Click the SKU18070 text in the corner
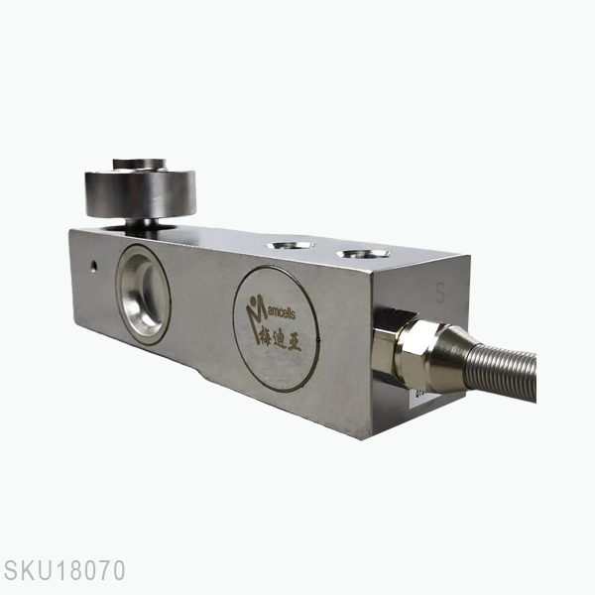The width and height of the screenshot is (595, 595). (63, 571)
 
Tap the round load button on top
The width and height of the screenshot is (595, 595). (140, 188)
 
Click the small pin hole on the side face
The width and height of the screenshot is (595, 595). (92, 266)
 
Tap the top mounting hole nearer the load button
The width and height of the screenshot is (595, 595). (290, 244)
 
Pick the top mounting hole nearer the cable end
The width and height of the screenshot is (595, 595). (362, 255)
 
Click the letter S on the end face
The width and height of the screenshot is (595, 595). (440, 293)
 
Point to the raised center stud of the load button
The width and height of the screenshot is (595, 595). (140, 162)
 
